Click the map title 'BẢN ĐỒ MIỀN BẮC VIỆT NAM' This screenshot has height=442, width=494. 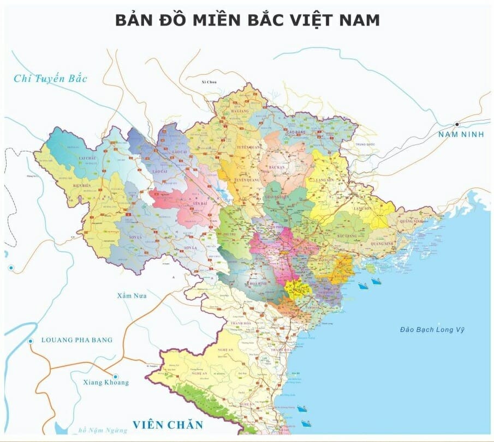(x=247, y=20)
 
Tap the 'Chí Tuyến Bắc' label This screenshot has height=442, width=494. (x=51, y=78)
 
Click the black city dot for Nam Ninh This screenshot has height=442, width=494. (x=457, y=124)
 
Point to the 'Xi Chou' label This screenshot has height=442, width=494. (x=209, y=82)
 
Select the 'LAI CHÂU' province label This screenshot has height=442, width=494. (x=88, y=158)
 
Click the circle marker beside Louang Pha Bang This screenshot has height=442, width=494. (x=30, y=341)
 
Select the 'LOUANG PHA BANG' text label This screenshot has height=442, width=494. (x=77, y=340)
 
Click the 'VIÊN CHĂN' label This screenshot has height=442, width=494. (x=168, y=425)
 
